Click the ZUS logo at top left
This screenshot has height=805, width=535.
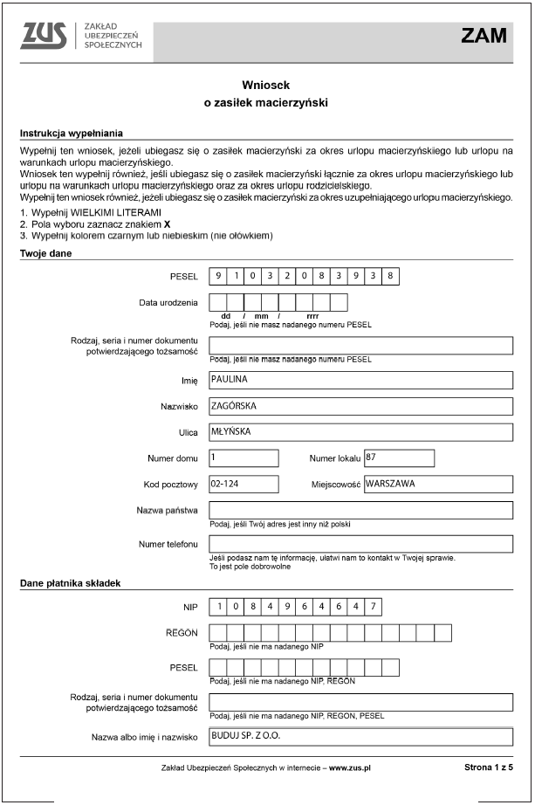(x=45, y=36)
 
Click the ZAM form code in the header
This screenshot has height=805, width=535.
(x=484, y=36)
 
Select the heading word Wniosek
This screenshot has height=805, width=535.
(x=265, y=85)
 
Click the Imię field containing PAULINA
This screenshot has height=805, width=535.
(x=360, y=381)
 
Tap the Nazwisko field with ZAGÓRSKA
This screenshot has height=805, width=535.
(x=360, y=406)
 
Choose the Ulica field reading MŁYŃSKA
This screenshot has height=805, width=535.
(x=360, y=432)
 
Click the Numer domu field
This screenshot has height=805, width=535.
(x=243, y=458)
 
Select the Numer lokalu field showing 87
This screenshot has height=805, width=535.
(x=399, y=458)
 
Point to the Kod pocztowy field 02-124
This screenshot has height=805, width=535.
(x=243, y=484)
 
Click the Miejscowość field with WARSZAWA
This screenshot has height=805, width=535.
(x=437, y=484)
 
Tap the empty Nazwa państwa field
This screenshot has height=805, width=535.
(x=360, y=510)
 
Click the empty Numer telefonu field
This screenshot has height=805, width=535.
(x=360, y=544)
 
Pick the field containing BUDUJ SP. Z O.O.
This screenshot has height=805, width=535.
(x=360, y=736)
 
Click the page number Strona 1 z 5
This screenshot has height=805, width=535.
(x=489, y=768)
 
